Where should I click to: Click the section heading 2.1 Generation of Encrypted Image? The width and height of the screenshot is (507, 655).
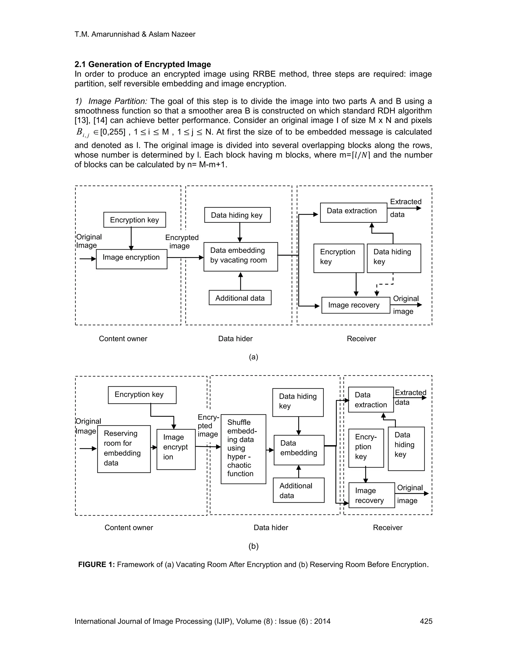[x=143, y=65]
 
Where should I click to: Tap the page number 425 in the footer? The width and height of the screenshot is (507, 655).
[x=426, y=621]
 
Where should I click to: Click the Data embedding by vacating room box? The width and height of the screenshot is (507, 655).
[x=241, y=257]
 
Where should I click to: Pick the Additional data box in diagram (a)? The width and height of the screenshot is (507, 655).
[x=240, y=298]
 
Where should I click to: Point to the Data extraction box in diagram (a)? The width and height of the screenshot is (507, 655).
[x=353, y=212]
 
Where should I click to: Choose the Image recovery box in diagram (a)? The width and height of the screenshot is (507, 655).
[x=356, y=305]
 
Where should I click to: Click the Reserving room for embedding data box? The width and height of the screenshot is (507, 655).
[x=124, y=449]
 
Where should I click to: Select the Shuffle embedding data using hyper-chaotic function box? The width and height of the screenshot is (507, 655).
[x=243, y=449]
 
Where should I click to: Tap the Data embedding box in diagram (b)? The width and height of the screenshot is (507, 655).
[x=299, y=450]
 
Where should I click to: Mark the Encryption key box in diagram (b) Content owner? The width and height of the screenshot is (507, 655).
[x=142, y=395]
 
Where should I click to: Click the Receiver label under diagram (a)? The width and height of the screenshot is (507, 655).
[x=361, y=339]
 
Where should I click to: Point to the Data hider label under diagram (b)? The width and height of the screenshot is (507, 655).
[x=271, y=527]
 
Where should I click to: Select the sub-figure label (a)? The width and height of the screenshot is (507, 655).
[x=253, y=357]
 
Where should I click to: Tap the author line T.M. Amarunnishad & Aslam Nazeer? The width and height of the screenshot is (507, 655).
[x=135, y=34]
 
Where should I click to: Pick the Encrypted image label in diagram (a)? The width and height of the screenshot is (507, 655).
[x=182, y=242]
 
